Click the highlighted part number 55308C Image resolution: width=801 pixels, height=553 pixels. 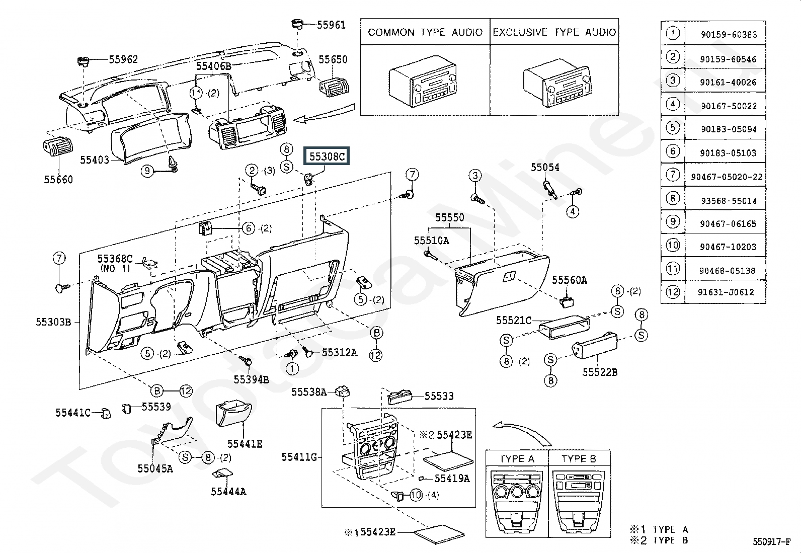pyautogui.click(x=327, y=156)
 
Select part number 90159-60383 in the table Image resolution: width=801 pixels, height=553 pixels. pyautogui.click(x=728, y=35)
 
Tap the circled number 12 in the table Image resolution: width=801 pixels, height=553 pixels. pyautogui.click(x=673, y=292)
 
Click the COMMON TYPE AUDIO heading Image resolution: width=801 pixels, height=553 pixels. pyautogui.click(x=425, y=32)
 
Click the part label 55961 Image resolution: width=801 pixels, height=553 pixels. pyautogui.click(x=331, y=25)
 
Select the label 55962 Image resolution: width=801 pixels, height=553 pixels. pyautogui.click(x=123, y=59)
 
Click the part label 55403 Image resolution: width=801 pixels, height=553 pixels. pyautogui.click(x=95, y=161)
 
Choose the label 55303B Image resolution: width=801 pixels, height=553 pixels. pyautogui.click(x=53, y=322)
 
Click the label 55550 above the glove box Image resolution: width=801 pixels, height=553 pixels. pyautogui.click(x=450, y=217)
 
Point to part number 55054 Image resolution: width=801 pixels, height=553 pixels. pyautogui.click(x=545, y=168)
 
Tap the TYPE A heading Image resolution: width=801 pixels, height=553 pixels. pyautogui.click(x=517, y=459)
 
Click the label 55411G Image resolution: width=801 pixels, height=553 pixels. pyautogui.click(x=299, y=457)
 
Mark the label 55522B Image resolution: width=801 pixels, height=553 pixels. pyautogui.click(x=600, y=372)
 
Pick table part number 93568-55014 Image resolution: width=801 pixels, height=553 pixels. pyautogui.click(x=729, y=201)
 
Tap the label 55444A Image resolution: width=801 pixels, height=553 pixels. pyautogui.click(x=228, y=492)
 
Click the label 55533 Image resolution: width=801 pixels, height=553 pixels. pyautogui.click(x=439, y=396)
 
